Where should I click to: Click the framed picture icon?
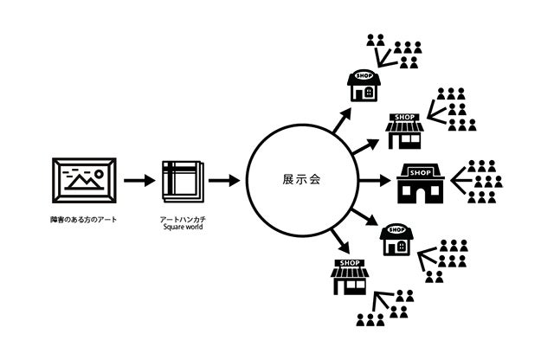(x=83, y=182)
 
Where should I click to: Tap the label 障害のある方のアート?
(x=83, y=219)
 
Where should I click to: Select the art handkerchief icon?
(x=183, y=181)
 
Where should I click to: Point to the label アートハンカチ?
(x=182, y=219)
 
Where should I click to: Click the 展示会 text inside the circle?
(x=302, y=181)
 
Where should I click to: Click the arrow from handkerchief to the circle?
(x=224, y=182)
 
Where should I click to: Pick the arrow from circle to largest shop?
(x=374, y=182)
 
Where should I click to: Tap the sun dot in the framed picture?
(x=101, y=172)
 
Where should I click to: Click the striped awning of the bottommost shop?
(x=350, y=273)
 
